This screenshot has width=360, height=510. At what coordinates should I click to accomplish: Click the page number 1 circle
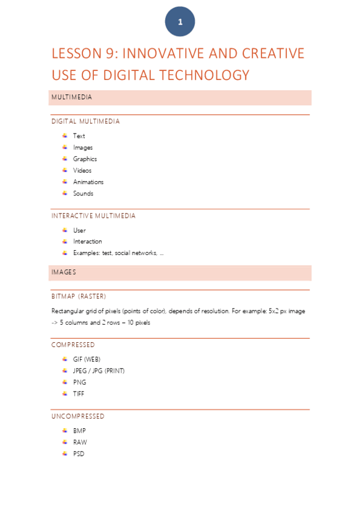180,23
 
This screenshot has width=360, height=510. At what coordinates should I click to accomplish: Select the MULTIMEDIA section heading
72,97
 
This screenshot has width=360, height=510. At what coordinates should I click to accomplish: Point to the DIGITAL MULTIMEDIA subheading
85,121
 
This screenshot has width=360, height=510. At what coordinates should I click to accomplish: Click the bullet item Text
79,136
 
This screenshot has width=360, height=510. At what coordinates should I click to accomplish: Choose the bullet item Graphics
85,159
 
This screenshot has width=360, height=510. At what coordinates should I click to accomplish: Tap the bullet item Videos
82,171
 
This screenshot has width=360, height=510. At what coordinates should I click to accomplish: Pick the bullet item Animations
88,182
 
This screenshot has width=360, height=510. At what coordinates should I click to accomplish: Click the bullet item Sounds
83,194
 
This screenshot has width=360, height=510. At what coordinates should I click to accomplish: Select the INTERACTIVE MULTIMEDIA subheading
94,216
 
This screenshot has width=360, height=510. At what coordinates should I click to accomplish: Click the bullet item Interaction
88,242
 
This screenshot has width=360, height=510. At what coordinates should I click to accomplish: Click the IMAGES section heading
64,272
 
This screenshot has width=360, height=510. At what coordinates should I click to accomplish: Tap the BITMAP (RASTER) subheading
79,296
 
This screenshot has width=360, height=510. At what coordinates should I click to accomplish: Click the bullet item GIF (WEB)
87,359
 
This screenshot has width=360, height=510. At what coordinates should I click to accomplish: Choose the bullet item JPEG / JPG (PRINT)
99,370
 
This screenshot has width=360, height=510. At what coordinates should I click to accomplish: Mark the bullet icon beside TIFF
64,393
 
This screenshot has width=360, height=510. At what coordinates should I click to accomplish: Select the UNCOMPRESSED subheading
78,416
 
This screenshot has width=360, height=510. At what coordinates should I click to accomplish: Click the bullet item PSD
79,454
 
